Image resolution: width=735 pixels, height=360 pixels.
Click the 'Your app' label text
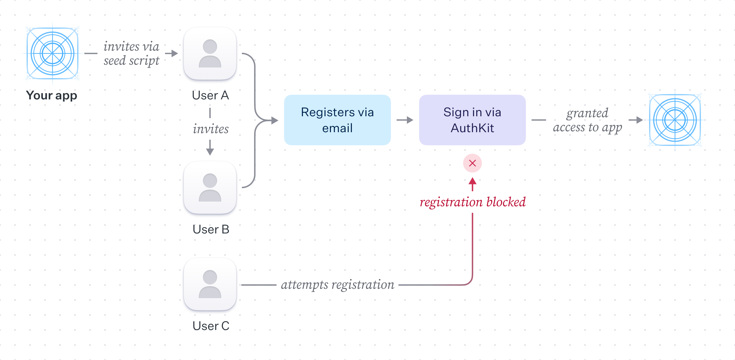point(52,95)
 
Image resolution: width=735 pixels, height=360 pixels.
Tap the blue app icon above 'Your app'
point(52,53)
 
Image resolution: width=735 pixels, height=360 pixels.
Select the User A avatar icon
point(210,53)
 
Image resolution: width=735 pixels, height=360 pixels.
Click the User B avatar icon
point(210,187)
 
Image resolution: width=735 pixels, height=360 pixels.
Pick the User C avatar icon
point(210,284)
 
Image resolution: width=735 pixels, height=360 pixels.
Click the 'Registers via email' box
point(337,120)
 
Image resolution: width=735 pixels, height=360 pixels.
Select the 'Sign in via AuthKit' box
point(472,120)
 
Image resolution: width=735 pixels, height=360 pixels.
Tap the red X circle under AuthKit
point(472,163)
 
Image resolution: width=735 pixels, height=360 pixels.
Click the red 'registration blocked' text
point(472,202)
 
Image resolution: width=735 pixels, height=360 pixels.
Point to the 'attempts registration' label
point(337,285)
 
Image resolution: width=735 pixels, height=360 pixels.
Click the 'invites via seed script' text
point(131,53)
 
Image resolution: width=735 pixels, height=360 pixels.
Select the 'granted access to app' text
point(587,120)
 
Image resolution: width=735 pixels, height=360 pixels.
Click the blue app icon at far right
point(675,120)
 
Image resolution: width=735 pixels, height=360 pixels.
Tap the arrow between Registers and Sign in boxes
point(405,120)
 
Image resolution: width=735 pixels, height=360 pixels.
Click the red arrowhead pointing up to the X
point(472,182)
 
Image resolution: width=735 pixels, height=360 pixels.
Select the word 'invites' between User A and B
point(211,129)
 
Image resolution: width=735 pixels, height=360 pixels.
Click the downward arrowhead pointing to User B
point(210,152)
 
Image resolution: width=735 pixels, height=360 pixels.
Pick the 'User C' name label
point(211,326)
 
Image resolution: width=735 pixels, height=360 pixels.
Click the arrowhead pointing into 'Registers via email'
point(275,120)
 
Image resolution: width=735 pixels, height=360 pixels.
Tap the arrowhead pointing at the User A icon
point(175,53)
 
